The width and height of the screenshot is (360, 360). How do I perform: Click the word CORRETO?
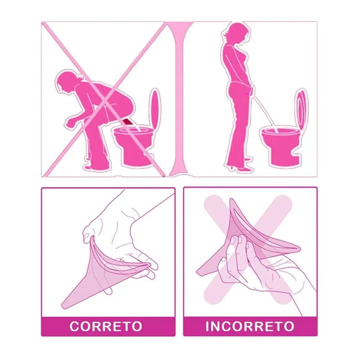click(x=105, y=326)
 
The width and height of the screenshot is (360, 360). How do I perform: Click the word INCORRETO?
click(x=250, y=326)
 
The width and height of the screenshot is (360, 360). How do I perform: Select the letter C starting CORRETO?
click(x=75, y=326)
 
